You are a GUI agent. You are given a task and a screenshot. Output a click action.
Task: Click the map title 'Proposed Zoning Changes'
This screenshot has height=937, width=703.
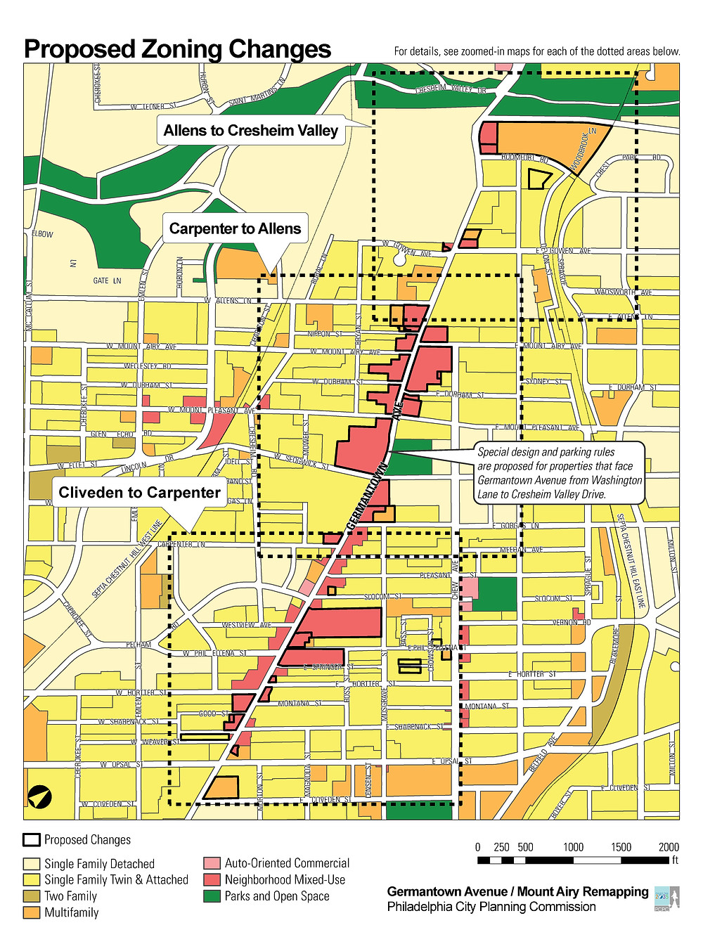coord(177,49)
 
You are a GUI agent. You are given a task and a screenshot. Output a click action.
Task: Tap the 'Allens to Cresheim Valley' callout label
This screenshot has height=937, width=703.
coord(250,131)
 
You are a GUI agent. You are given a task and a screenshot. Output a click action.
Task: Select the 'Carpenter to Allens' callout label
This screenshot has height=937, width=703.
coord(235,228)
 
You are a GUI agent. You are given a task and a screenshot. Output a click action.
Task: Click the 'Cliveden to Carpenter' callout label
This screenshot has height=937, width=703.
coord(139,493)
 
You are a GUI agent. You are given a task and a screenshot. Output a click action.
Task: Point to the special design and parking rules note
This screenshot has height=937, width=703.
coord(560,473)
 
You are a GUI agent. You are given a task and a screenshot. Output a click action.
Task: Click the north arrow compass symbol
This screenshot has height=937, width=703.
coord(39,797)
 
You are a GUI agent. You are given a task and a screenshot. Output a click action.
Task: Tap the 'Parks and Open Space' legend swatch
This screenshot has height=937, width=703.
coord(212,896)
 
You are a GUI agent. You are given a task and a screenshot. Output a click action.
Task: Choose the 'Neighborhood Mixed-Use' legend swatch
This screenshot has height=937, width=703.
coord(212,879)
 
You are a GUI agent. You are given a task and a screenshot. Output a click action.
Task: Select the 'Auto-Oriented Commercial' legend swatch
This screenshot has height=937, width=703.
coord(212,863)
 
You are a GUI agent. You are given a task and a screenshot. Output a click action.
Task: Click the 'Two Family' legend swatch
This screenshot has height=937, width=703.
coord(32,896)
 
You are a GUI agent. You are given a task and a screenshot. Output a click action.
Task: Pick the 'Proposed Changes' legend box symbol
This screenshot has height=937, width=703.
coord(32,840)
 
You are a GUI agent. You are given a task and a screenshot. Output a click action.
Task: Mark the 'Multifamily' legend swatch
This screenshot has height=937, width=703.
coord(32,912)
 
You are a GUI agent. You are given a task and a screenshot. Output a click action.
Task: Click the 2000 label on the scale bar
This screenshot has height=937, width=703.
coord(669,847)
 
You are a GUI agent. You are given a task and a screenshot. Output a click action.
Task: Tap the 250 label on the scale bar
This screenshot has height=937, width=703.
coord(501,847)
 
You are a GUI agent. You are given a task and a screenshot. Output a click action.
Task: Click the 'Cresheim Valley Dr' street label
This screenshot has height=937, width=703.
coord(451,90)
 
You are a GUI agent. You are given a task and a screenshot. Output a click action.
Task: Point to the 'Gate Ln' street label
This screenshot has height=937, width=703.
coord(107,280)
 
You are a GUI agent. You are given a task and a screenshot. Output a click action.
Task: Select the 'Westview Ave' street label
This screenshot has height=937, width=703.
coord(246,625)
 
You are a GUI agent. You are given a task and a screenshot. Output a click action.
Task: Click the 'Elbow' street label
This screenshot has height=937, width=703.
coord(42,234)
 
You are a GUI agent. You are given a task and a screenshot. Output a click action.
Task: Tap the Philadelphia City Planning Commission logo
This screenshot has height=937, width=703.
coord(666,899)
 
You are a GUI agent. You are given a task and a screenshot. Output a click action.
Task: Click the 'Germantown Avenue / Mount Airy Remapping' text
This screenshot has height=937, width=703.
coord(517,891)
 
